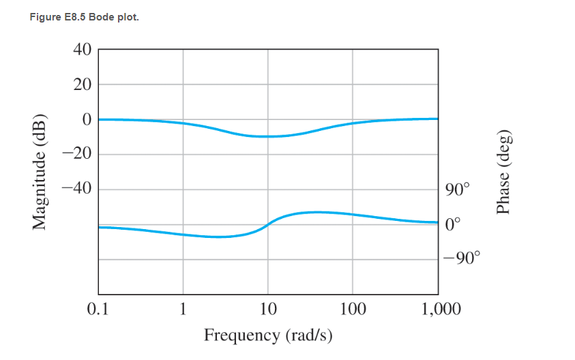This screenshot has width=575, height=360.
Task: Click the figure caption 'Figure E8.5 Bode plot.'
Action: (84, 17)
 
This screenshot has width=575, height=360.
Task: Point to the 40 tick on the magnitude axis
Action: (82, 50)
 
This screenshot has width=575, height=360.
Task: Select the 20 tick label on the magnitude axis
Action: (82, 85)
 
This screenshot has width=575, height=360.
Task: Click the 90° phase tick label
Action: (455, 190)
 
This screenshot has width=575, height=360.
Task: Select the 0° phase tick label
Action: (452, 223)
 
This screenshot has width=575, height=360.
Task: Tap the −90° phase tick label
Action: (462, 258)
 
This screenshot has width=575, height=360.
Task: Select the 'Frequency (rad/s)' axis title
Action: (268, 335)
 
